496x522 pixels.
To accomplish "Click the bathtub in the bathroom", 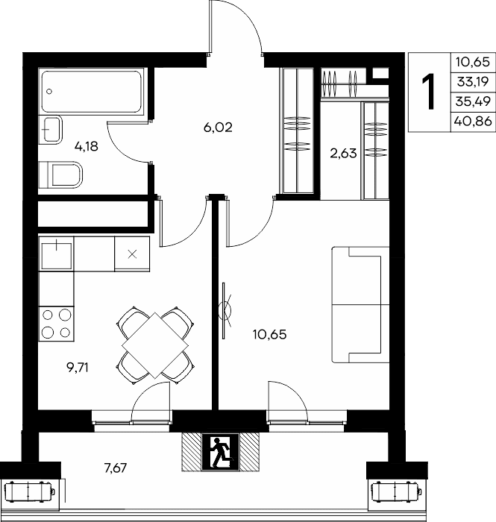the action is click(x=92, y=91).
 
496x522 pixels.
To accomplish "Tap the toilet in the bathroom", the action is click(x=60, y=174).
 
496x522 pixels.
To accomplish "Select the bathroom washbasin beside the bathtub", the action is click(x=50, y=130).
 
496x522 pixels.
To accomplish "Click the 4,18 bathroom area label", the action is click(x=87, y=146).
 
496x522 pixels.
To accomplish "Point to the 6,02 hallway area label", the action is click(x=218, y=128).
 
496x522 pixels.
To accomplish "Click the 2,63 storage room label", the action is click(x=343, y=154).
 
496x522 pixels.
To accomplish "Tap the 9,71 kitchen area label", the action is click(x=78, y=368).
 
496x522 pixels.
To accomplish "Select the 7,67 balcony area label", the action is click(x=116, y=468).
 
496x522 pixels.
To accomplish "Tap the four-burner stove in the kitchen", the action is click(x=56, y=324).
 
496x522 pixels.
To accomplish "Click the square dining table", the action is click(x=155, y=345).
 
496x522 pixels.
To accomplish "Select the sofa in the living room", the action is click(x=360, y=304).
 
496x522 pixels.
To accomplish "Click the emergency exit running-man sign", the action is click(x=220, y=452).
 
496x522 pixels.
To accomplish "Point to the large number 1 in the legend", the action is click(x=429, y=92).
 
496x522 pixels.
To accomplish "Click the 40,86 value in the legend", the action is click(x=473, y=122).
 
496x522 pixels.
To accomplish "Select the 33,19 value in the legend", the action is click(x=473, y=81).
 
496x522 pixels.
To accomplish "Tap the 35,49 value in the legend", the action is click(x=473, y=101).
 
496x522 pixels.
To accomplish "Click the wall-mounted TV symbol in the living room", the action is click(x=225, y=311).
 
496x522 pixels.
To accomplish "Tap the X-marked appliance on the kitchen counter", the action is click(x=132, y=254).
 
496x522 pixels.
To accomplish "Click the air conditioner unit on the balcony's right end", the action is click(x=397, y=491).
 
